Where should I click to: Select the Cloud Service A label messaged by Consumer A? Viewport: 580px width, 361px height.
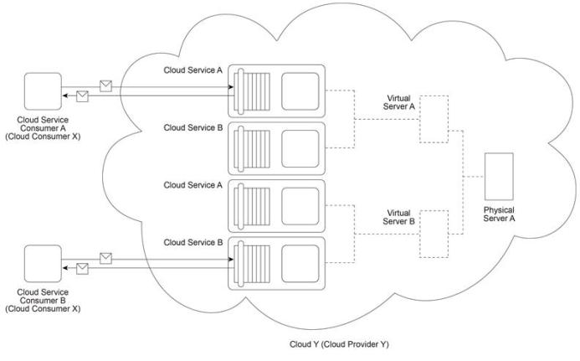[x=193, y=71]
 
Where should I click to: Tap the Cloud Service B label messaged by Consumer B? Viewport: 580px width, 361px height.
[x=193, y=242]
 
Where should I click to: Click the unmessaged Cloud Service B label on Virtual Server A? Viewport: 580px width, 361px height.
[x=193, y=128]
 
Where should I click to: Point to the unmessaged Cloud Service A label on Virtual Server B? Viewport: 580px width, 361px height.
[x=193, y=185]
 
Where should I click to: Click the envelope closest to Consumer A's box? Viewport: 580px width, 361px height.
[x=81, y=95]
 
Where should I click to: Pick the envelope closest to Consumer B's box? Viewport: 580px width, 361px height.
[x=81, y=268]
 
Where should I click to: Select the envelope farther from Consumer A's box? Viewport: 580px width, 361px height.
[x=105, y=85]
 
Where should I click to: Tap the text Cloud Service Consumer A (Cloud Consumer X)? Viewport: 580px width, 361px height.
[x=42, y=127]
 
